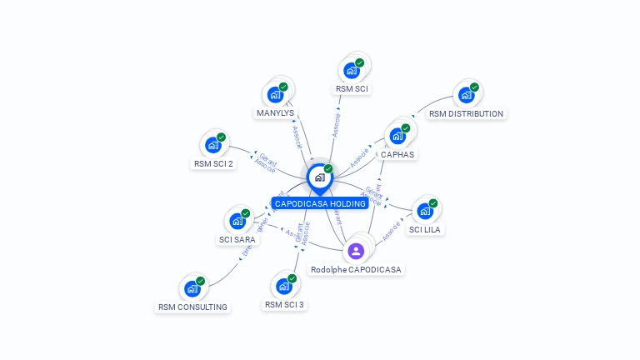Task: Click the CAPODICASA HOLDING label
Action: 320,203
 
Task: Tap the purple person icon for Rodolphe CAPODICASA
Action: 356,251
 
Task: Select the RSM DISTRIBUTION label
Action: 466,113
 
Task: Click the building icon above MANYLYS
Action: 275,95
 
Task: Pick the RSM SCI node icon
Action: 351,71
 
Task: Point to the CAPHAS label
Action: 397,154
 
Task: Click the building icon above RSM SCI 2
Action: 213,145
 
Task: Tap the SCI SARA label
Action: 237,239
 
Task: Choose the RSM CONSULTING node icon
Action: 192,289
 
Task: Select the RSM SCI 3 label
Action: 284,304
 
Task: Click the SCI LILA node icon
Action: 425,212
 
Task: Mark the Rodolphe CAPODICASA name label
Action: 356,269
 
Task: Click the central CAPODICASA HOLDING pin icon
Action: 319,177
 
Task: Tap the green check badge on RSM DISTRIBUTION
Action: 474,87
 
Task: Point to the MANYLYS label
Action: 275,112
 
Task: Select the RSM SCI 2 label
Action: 213,163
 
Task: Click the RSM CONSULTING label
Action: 192,307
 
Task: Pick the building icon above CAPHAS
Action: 397,136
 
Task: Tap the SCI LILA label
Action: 425,229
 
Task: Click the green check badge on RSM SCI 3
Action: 292,278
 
